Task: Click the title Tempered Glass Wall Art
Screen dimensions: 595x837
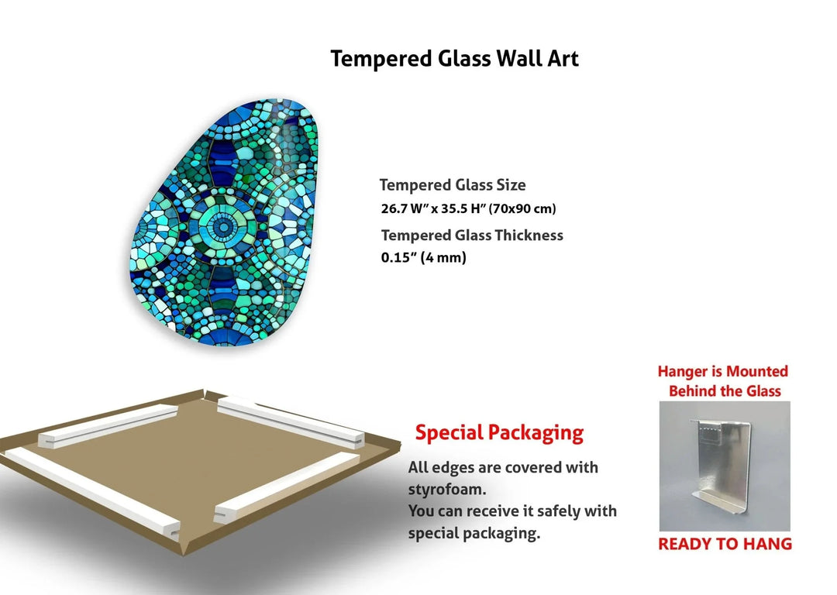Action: point(454,58)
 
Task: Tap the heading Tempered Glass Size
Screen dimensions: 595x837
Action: point(453,185)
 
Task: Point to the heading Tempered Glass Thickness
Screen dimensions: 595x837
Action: point(472,235)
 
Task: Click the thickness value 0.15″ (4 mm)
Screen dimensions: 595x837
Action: point(423,258)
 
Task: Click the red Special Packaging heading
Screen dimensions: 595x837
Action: point(499,432)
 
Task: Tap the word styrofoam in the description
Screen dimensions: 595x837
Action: point(446,490)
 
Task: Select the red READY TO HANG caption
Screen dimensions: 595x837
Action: point(725,544)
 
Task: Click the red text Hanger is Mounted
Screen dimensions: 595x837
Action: point(722,372)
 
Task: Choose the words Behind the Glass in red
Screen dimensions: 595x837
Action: point(725,391)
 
